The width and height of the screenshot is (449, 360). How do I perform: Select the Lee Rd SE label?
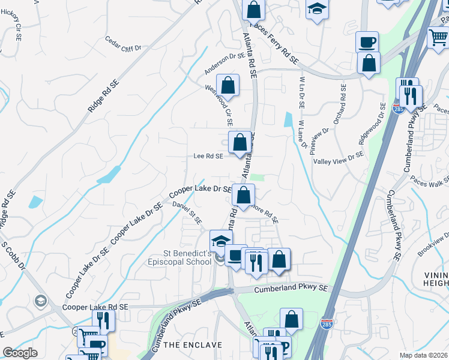(x=208, y=156)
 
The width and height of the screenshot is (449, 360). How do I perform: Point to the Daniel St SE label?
(x=187, y=212)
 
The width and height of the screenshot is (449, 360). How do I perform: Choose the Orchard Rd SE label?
(x=340, y=106)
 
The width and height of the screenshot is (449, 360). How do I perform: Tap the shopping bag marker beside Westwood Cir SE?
(x=228, y=84)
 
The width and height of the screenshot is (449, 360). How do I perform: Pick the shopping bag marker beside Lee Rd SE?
(x=240, y=143)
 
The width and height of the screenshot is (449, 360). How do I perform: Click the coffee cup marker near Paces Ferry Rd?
(x=367, y=42)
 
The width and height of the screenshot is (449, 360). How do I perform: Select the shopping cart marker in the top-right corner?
(x=439, y=38)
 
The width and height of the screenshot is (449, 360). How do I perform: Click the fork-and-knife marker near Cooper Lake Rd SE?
(x=106, y=320)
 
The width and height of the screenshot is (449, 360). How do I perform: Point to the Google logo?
(x=20, y=353)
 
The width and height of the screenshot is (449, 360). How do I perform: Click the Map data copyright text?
(x=424, y=355)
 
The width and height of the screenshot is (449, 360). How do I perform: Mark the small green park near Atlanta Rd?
(x=257, y=177)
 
